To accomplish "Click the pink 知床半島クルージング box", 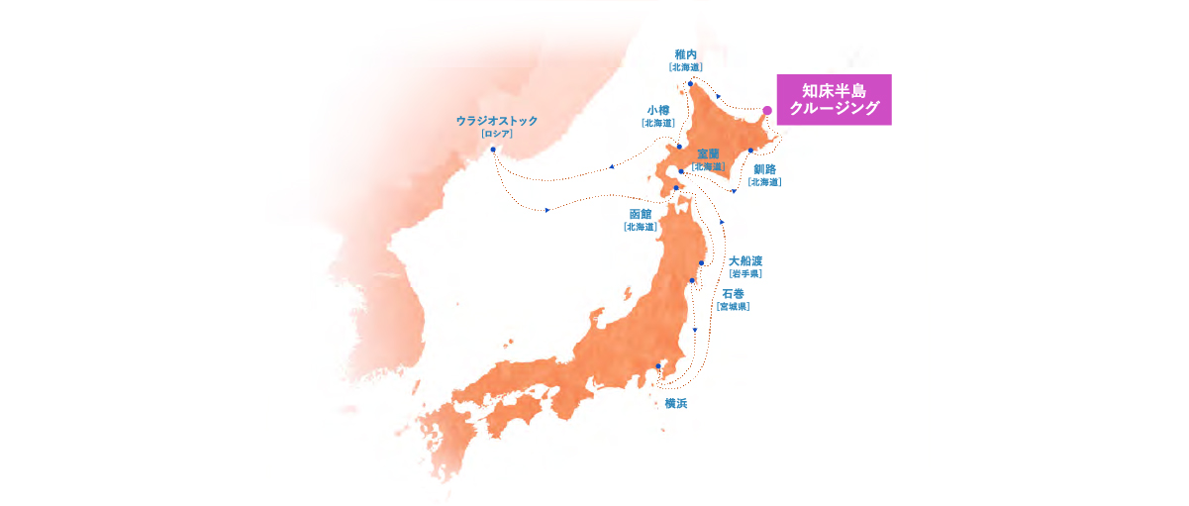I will coord(834,99).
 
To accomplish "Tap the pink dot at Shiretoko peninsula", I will coord(767,111).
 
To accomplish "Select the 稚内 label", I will coord(686,54).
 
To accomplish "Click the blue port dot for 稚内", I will coord(690,84).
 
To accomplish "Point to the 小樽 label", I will coord(658,110).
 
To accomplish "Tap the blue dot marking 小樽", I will coord(679,146).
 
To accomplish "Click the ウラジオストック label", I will coord(497,120).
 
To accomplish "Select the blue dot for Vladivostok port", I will coord(493,150).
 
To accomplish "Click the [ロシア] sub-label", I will coord(497,133).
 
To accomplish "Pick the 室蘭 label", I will coord(708,153).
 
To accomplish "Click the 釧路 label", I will coord(764,169).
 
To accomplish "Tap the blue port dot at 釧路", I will coord(750,151).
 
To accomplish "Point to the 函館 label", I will coord(641,214).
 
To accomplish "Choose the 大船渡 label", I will coord(744,260).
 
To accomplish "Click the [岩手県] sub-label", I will coord(744,273).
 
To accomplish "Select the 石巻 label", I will coord(733,294).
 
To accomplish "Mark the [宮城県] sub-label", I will coord(733,307).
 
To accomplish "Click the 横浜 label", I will coord(676,403).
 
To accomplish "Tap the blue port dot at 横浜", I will coord(658,366).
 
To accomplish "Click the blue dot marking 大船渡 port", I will coord(701,262).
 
